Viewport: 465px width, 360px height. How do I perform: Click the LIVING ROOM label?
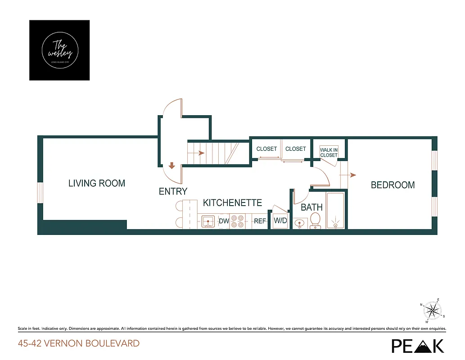click(x=97, y=183)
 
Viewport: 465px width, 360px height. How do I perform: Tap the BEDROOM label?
click(x=393, y=185)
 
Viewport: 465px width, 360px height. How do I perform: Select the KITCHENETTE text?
click(x=232, y=203)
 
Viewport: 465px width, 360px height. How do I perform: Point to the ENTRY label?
click(x=173, y=191)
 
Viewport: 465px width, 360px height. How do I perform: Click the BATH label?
click(x=312, y=207)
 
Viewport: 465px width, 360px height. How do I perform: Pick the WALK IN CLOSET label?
click(x=329, y=153)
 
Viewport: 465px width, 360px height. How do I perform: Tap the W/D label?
click(x=280, y=221)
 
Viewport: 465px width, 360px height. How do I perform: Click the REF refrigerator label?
click(x=260, y=221)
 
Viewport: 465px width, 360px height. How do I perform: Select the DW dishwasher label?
click(x=224, y=221)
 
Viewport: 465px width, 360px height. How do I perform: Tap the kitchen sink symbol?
click(x=208, y=221)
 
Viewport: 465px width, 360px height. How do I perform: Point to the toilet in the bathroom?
click(x=315, y=220)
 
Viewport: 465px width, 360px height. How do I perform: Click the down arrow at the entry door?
click(x=172, y=166)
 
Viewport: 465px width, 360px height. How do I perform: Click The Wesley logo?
click(x=59, y=50)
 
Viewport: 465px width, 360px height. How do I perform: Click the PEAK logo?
click(x=417, y=345)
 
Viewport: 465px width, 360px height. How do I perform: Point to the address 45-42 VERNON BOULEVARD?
click(x=79, y=343)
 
